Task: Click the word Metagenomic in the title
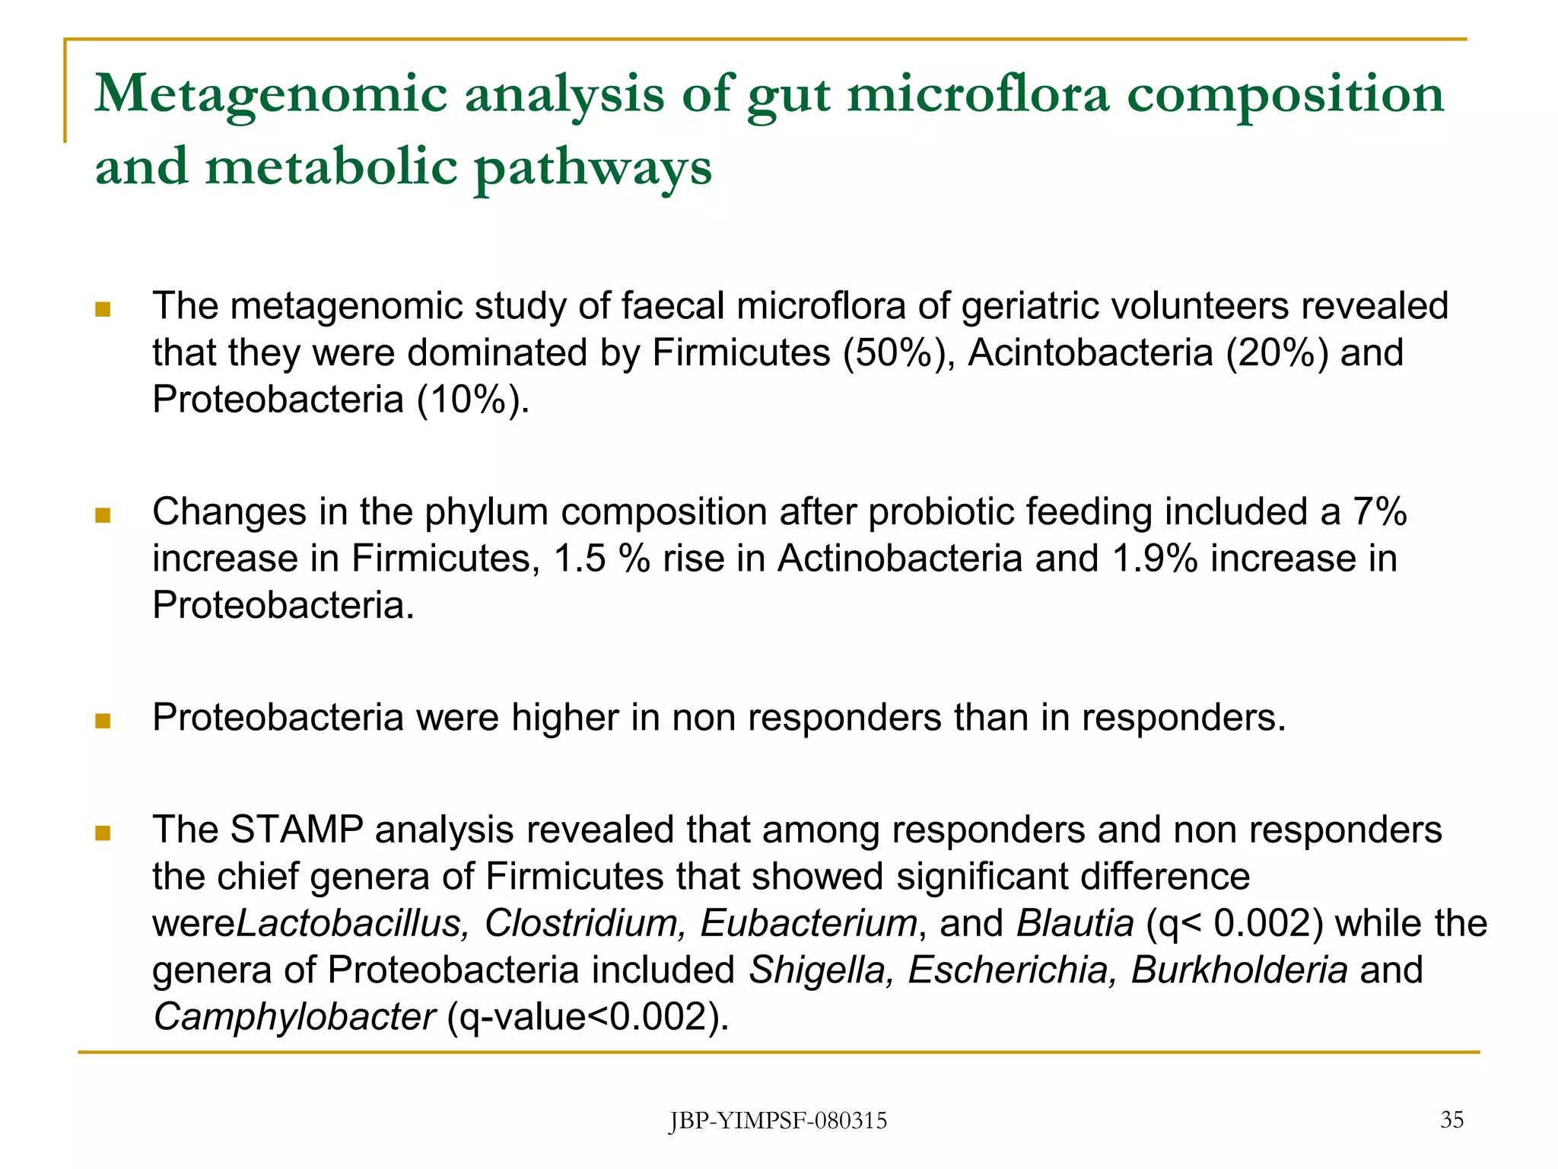(271, 95)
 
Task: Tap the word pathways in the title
(593, 167)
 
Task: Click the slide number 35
(1451, 1120)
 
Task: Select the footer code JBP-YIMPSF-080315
(778, 1121)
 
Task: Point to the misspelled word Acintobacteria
(1089, 353)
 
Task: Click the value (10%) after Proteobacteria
(472, 400)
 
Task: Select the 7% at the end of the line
(1379, 511)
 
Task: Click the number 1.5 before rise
(579, 559)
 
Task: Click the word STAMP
(297, 830)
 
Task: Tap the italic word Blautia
(1075, 923)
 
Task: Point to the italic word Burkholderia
(1239, 970)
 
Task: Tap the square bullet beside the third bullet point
(103, 720)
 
